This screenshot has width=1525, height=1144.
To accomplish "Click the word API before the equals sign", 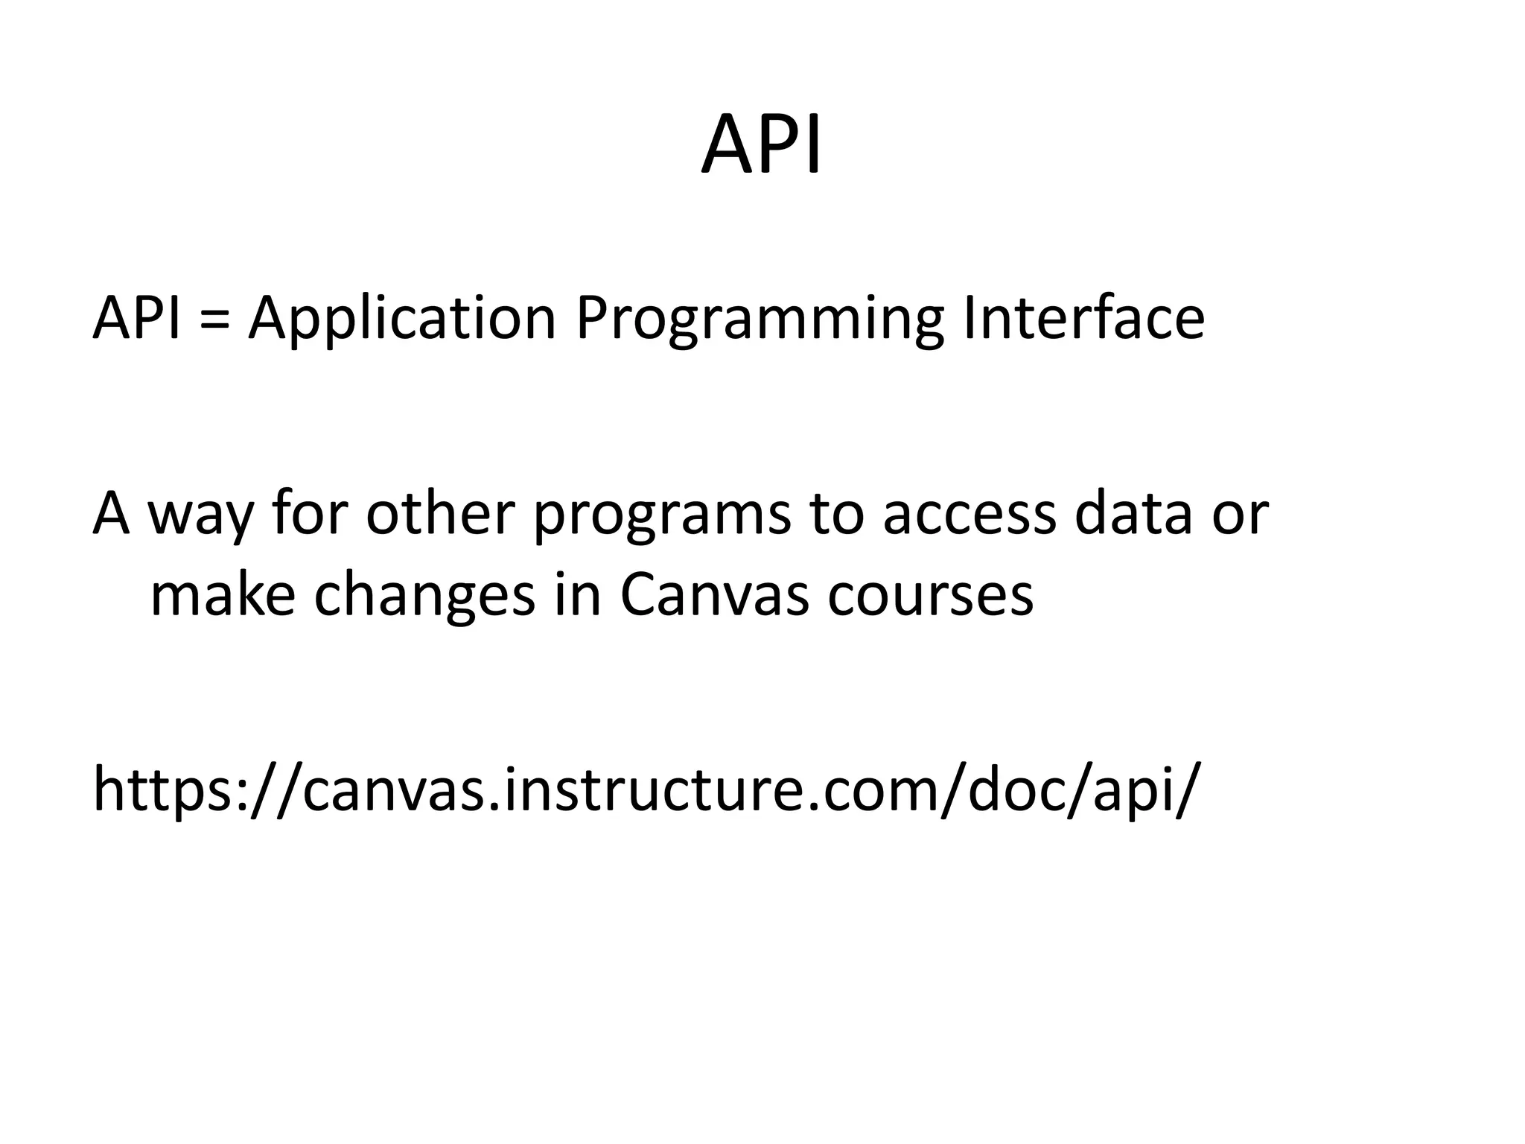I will [136, 318].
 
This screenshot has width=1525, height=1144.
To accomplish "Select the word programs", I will [662, 516].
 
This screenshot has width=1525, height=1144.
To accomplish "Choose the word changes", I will [424, 596].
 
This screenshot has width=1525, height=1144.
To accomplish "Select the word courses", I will [930, 596].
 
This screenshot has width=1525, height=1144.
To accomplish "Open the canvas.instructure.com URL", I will [646, 789].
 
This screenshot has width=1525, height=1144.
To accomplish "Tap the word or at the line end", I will [1240, 515].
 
